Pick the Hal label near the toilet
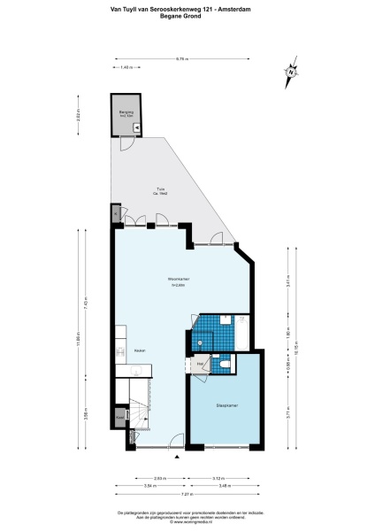click(201, 365)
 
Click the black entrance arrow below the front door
click(177, 457)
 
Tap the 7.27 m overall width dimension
click(187, 495)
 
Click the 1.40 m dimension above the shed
click(126, 67)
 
